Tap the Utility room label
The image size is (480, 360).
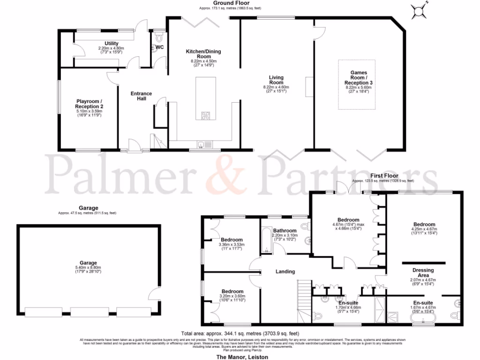(112, 44)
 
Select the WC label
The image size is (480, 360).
(159, 47)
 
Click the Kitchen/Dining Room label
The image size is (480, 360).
(203, 54)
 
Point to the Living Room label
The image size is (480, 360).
(276, 80)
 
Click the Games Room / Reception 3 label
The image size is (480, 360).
(357, 78)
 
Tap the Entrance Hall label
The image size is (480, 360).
(141, 96)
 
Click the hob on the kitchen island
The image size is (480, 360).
(206, 115)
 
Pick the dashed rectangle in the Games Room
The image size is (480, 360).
(357, 84)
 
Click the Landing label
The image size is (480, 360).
(285, 271)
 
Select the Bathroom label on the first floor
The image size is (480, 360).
(285, 231)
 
